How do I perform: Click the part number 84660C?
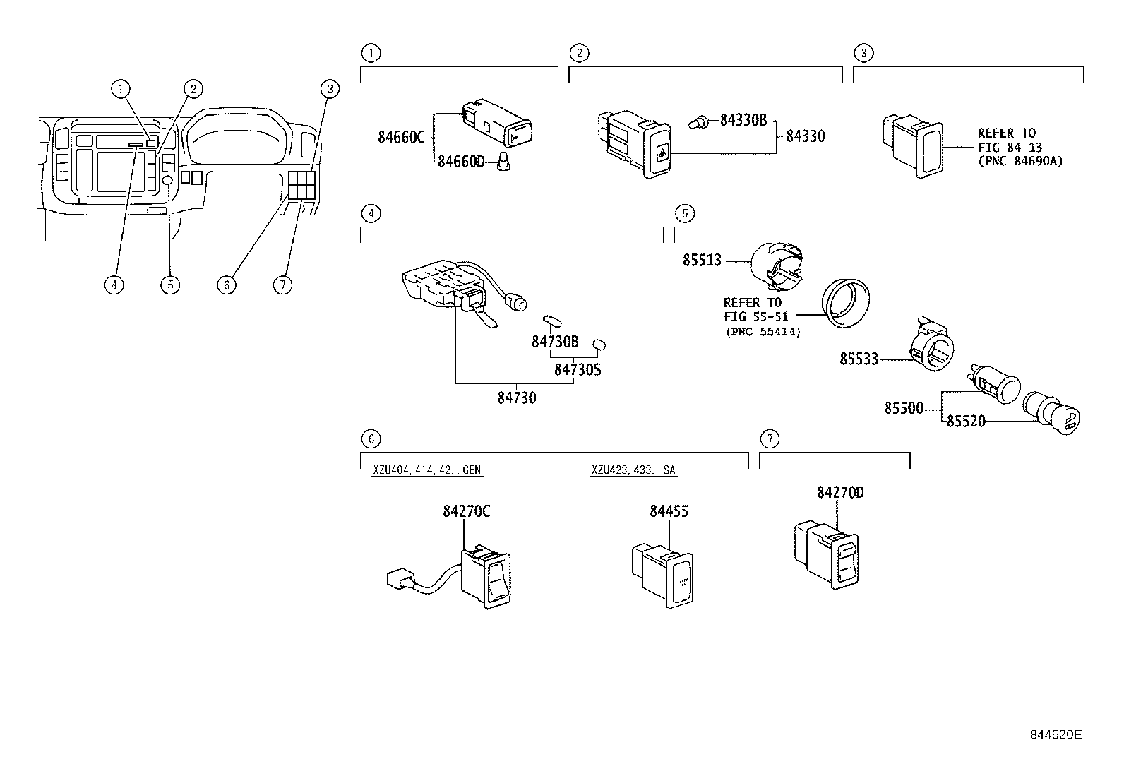(400, 137)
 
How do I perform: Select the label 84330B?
(742, 120)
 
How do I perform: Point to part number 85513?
(702, 260)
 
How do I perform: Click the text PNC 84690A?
(1020, 161)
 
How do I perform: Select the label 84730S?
(577, 369)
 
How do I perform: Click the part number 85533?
(859, 359)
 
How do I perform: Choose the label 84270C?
(466, 511)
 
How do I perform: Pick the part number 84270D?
(840, 492)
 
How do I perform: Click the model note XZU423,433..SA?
(634, 470)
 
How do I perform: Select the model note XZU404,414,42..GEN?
(428, 470)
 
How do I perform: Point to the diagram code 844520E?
(1054, 734)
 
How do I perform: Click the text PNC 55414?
(763, 331)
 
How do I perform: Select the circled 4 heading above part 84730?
(370, 213)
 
